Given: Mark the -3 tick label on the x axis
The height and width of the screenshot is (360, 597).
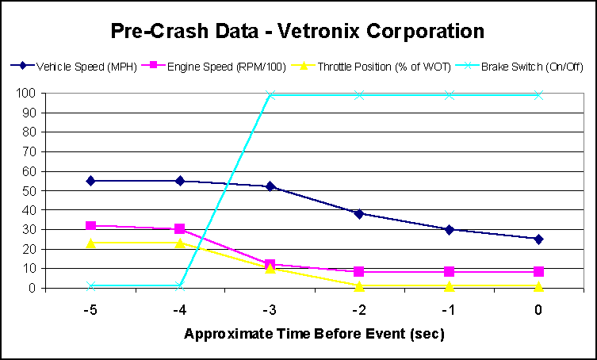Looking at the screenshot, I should click(x=270, y=310).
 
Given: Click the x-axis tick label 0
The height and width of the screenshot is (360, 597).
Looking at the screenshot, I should click(x=538, y=310).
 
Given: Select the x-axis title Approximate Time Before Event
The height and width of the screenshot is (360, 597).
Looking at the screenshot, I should click(x=314, y=334).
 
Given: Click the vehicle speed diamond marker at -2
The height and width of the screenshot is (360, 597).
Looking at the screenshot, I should click(x=359, y=213).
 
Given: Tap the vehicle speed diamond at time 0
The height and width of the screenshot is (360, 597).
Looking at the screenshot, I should click(x=538, y=239).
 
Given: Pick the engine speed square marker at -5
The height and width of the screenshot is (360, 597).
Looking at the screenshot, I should click(x=90, y=226).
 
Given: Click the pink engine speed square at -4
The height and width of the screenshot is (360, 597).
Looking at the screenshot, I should click(x=180, y=229).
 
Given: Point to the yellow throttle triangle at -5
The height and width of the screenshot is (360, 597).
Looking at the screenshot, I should click(x=90, y=243).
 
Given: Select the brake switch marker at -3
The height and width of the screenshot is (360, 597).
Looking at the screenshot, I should click(x=270, y=95).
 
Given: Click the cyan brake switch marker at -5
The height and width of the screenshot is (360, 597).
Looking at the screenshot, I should click(x=90, y=285).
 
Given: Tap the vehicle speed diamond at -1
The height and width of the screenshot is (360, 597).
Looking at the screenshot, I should click(x=449, y=229).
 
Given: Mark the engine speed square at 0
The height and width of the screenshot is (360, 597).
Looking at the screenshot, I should click(x=538, y=272).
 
